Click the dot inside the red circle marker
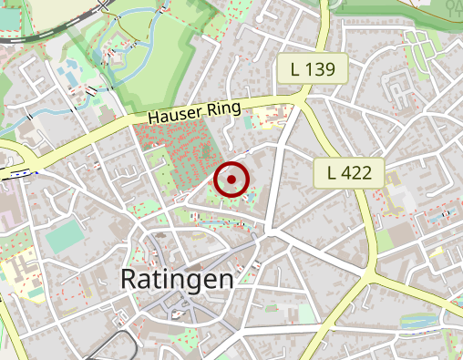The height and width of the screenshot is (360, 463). (x=232, y=180)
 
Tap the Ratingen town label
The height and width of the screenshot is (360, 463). (x=177, y=279)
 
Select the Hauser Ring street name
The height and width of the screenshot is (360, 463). (x=194, y=112)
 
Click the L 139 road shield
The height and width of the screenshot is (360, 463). (x=313, y=68)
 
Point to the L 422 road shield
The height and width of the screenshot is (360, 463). (x=349, y=172)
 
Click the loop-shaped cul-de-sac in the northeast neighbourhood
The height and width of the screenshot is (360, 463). (x=397, y=87)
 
